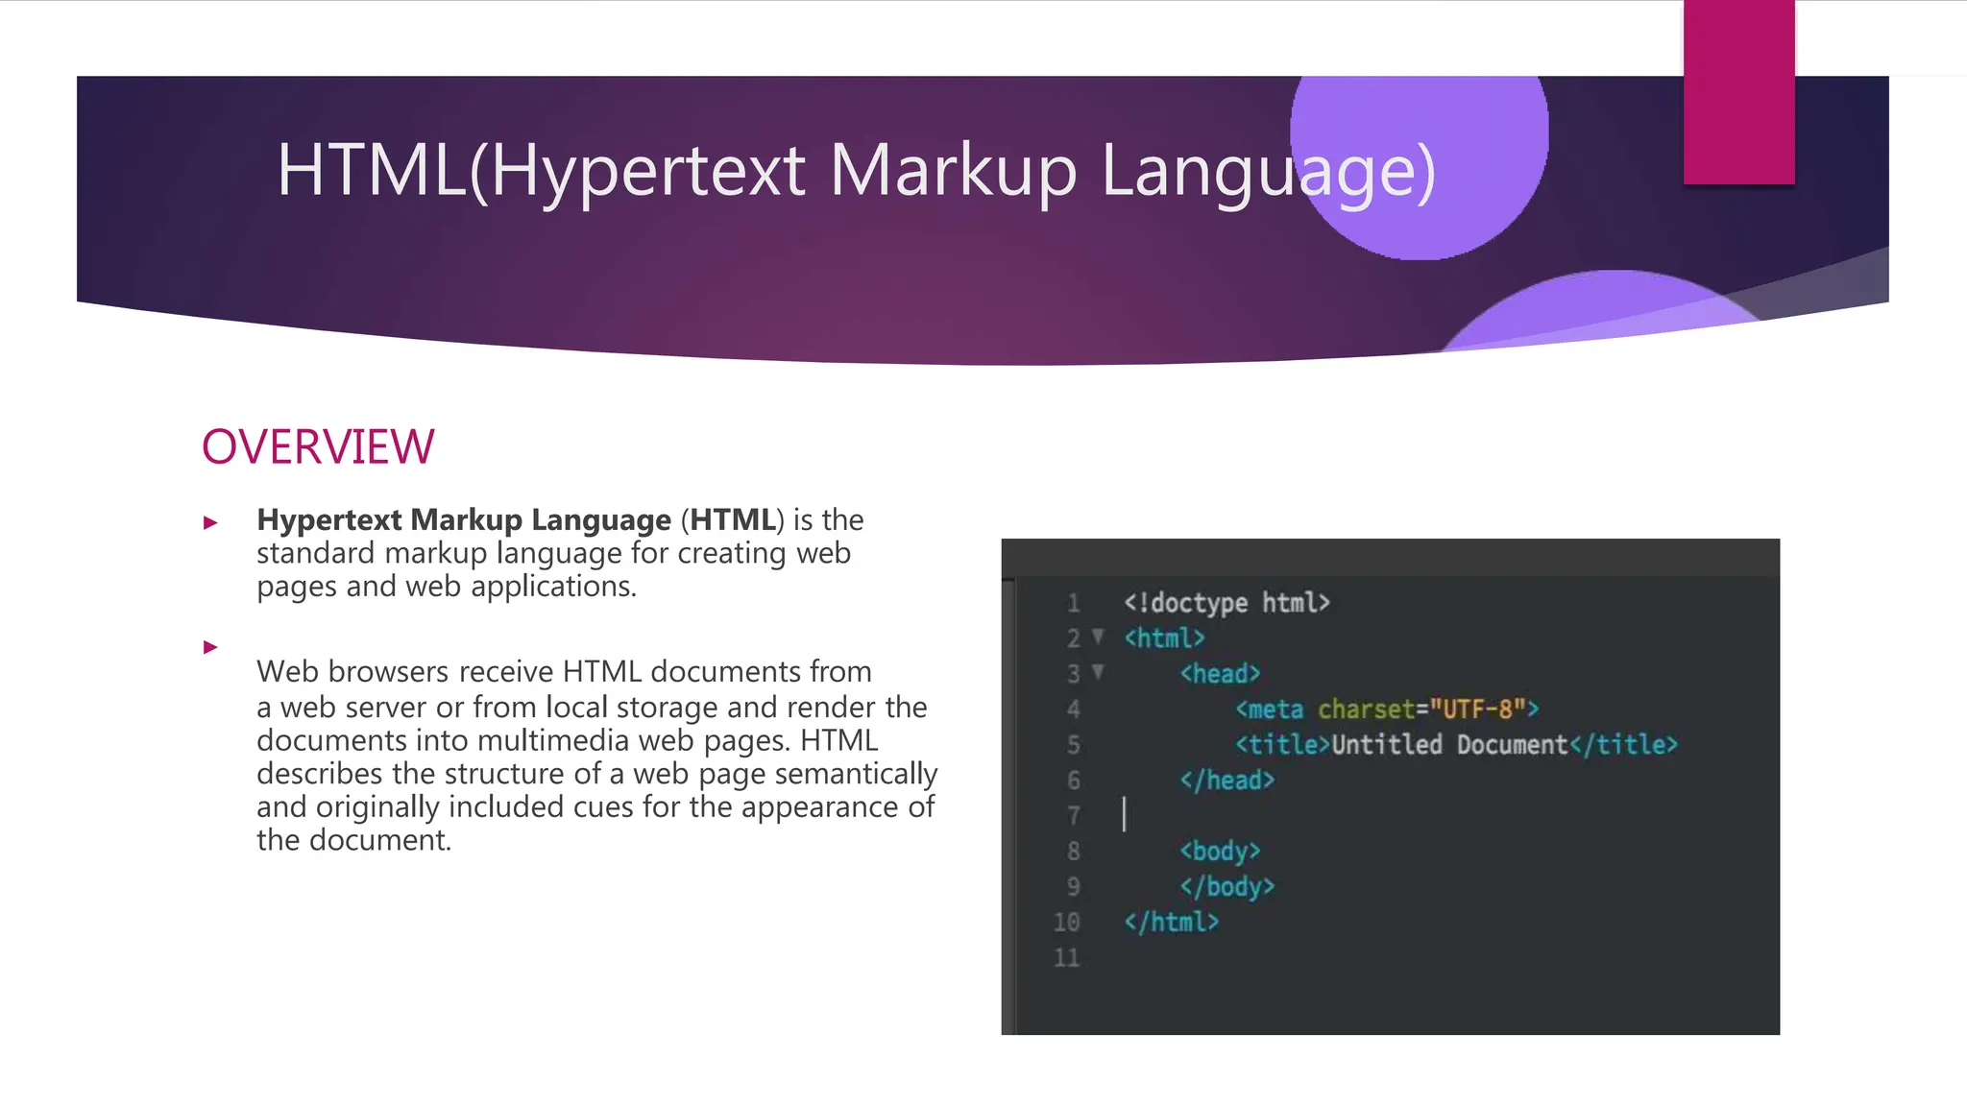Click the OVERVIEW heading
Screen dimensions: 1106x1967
point(318,447)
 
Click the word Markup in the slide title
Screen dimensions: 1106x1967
point(952,171)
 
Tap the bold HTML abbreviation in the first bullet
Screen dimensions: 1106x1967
point(733,519)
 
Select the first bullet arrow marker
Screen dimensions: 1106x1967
point(210,523)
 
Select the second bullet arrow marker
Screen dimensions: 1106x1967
point(210,648)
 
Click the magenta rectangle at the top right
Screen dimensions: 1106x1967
point(1738,92)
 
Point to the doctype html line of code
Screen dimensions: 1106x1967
point(1226,603)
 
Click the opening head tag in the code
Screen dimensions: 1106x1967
point(1220,674)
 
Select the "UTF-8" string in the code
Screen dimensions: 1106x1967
point(1478,709)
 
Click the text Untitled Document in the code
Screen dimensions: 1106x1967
point(1449,745)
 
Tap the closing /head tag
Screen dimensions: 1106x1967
point(1226,781)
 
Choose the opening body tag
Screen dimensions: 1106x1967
point(1220,852)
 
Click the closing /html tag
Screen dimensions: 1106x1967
point(1171,923)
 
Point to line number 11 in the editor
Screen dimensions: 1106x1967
point(1066,958)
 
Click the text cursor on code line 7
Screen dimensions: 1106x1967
point(1124,815)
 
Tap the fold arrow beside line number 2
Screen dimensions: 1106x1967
point(1098,637)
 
